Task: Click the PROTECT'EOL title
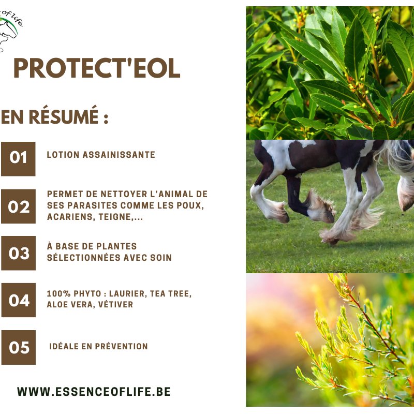coord(97,68)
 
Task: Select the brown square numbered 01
coord(18,159)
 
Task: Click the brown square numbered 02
coord(18,206)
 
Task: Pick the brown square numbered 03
coord(18,253)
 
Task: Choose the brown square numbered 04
coord(18,300)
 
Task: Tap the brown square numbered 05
coord(18,347)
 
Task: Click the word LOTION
coord(63,154)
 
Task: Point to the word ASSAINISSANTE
coord(119,154)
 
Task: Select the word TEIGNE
coord(115,217)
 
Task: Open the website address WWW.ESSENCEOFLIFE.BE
coord(94,392)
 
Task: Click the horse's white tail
coord(395,156)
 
